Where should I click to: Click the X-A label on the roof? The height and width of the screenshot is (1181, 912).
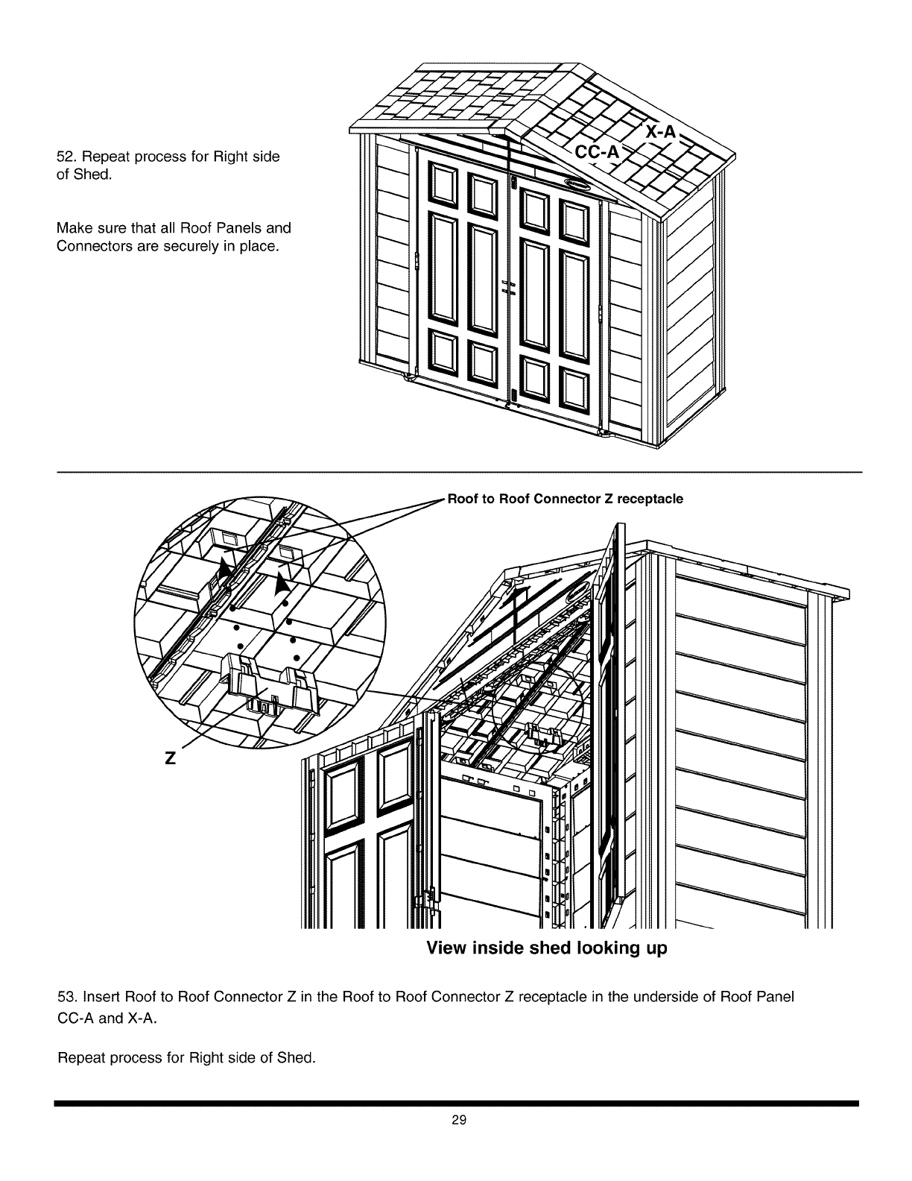click(661, 132)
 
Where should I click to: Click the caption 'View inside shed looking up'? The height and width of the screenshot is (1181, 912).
click(546, 948)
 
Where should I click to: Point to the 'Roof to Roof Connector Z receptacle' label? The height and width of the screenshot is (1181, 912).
click(565, 499)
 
